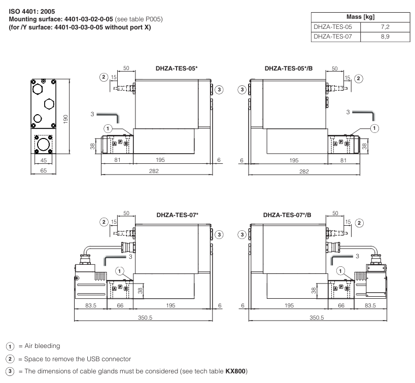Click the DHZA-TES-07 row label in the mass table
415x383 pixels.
331,37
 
